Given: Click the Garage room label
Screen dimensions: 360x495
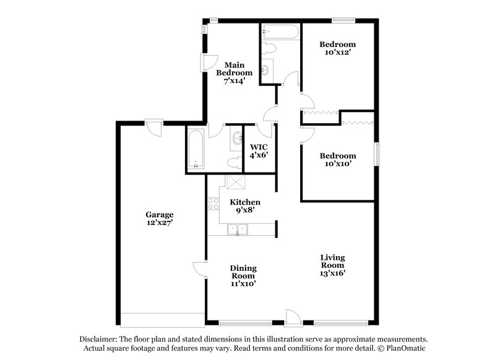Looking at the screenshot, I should [x=159, y=215].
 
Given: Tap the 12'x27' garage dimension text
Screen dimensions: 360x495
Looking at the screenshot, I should [x=159, y=223].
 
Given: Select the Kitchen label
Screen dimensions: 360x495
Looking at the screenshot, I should [x=245, y=202].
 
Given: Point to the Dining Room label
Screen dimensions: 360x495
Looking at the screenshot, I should [x=244, y=272].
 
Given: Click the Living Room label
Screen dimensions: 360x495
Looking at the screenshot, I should [x=332, y=261].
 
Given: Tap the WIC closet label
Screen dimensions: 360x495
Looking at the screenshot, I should [x=258, y=147].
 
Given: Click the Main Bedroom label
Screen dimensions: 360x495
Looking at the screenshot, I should [x=234, y=69].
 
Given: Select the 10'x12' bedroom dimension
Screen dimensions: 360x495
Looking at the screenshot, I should [x=338, y=54].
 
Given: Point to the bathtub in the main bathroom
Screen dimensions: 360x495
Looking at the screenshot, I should [x=195, y=149].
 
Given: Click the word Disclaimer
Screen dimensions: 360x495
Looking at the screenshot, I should [x=98, y=340].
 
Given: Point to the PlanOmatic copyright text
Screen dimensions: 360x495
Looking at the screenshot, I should [x=402, y=349].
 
